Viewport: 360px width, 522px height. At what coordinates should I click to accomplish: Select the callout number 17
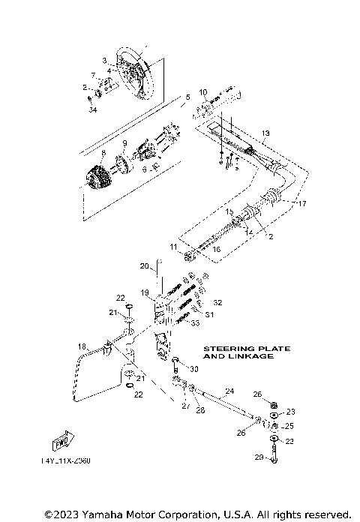tap(303, 204)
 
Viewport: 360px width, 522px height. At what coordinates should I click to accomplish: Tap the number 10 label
tap(202, 92)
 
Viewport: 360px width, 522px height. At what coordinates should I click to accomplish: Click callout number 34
tap(93, 111)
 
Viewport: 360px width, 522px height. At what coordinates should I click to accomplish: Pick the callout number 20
tap(145, 265)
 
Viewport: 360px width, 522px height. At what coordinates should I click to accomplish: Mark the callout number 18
tap(82, 346)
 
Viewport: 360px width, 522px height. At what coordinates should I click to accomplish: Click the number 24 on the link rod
tap(230, 391)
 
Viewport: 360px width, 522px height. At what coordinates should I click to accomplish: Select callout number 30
tap(193, 369)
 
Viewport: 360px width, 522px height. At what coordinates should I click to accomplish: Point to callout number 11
tap(173, 246)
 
